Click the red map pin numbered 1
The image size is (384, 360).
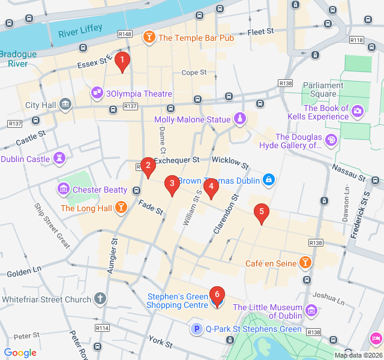122,61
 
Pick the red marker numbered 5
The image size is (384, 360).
261,212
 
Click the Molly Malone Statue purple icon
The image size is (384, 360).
240,119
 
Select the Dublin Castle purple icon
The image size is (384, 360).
59,159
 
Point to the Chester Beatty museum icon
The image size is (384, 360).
63,190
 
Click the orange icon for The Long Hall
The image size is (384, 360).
122,208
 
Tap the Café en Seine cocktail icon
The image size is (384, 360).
306,263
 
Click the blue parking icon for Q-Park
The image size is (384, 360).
196,329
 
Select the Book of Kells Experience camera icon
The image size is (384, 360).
358,110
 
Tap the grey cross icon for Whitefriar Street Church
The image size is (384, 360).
100,299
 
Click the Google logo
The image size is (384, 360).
20,353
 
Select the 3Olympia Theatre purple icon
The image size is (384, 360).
97,94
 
